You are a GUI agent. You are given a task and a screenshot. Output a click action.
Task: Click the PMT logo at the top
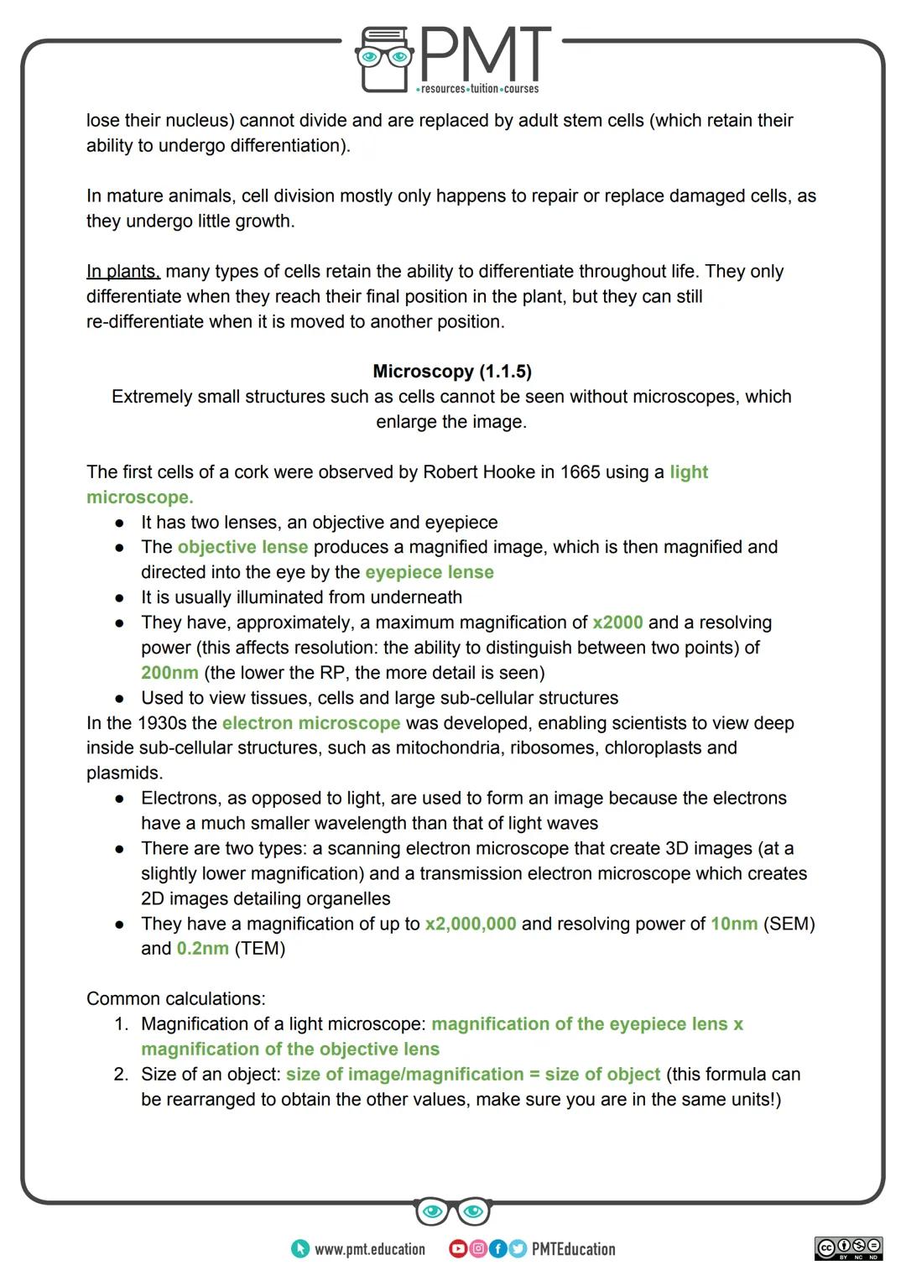tap(453, 59)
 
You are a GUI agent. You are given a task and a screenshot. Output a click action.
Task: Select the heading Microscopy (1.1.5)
tap(452, 372)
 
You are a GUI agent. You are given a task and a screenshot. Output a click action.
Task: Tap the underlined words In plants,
tap(123, 272)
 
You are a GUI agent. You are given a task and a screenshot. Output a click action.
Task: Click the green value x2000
tap(617, 622)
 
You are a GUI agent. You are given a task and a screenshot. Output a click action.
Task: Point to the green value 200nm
tap(169, 673)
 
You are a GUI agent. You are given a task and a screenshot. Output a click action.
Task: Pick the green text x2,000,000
tap(471, 924)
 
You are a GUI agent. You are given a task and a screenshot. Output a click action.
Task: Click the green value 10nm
tap(734, 924)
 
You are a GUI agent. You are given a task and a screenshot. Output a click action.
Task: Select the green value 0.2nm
tap(202, 949)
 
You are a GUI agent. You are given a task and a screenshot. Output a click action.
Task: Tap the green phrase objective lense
tap(242, 547)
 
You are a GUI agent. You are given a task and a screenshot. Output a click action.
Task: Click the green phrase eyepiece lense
tap(430, 572)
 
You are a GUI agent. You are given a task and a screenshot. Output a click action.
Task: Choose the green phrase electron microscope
tap(311, 723)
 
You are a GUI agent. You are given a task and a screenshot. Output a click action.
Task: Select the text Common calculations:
tap(176, 999)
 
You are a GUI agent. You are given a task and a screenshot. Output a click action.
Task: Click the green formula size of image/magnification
tap(404, 1075)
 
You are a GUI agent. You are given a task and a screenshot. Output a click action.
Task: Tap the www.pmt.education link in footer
tap(369, 1249)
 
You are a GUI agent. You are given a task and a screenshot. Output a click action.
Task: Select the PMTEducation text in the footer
tap(573, 1249)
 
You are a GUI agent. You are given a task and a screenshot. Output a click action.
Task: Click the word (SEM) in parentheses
tap(789, 924)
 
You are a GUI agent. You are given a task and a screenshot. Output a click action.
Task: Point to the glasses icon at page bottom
tap(452, 1211)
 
